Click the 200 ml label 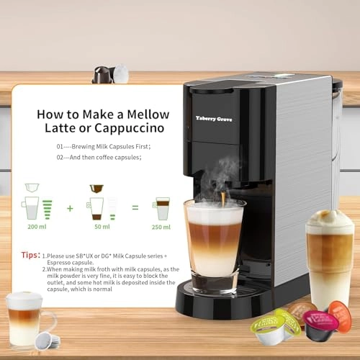(32, 226)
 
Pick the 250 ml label (162, 226)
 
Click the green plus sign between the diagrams (70, 208)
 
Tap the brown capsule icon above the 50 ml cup (96, 189)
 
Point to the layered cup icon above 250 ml (163, 208)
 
